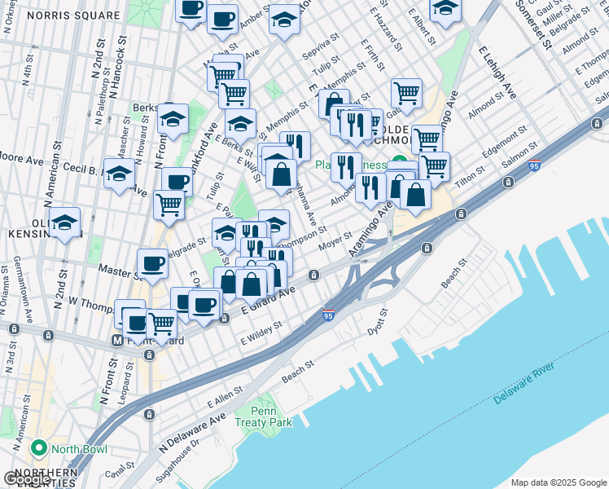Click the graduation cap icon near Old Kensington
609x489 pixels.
point(64,221)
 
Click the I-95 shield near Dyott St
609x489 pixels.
point(327,314)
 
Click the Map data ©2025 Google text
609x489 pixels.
point(558,482)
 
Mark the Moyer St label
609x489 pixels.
point(335,240)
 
